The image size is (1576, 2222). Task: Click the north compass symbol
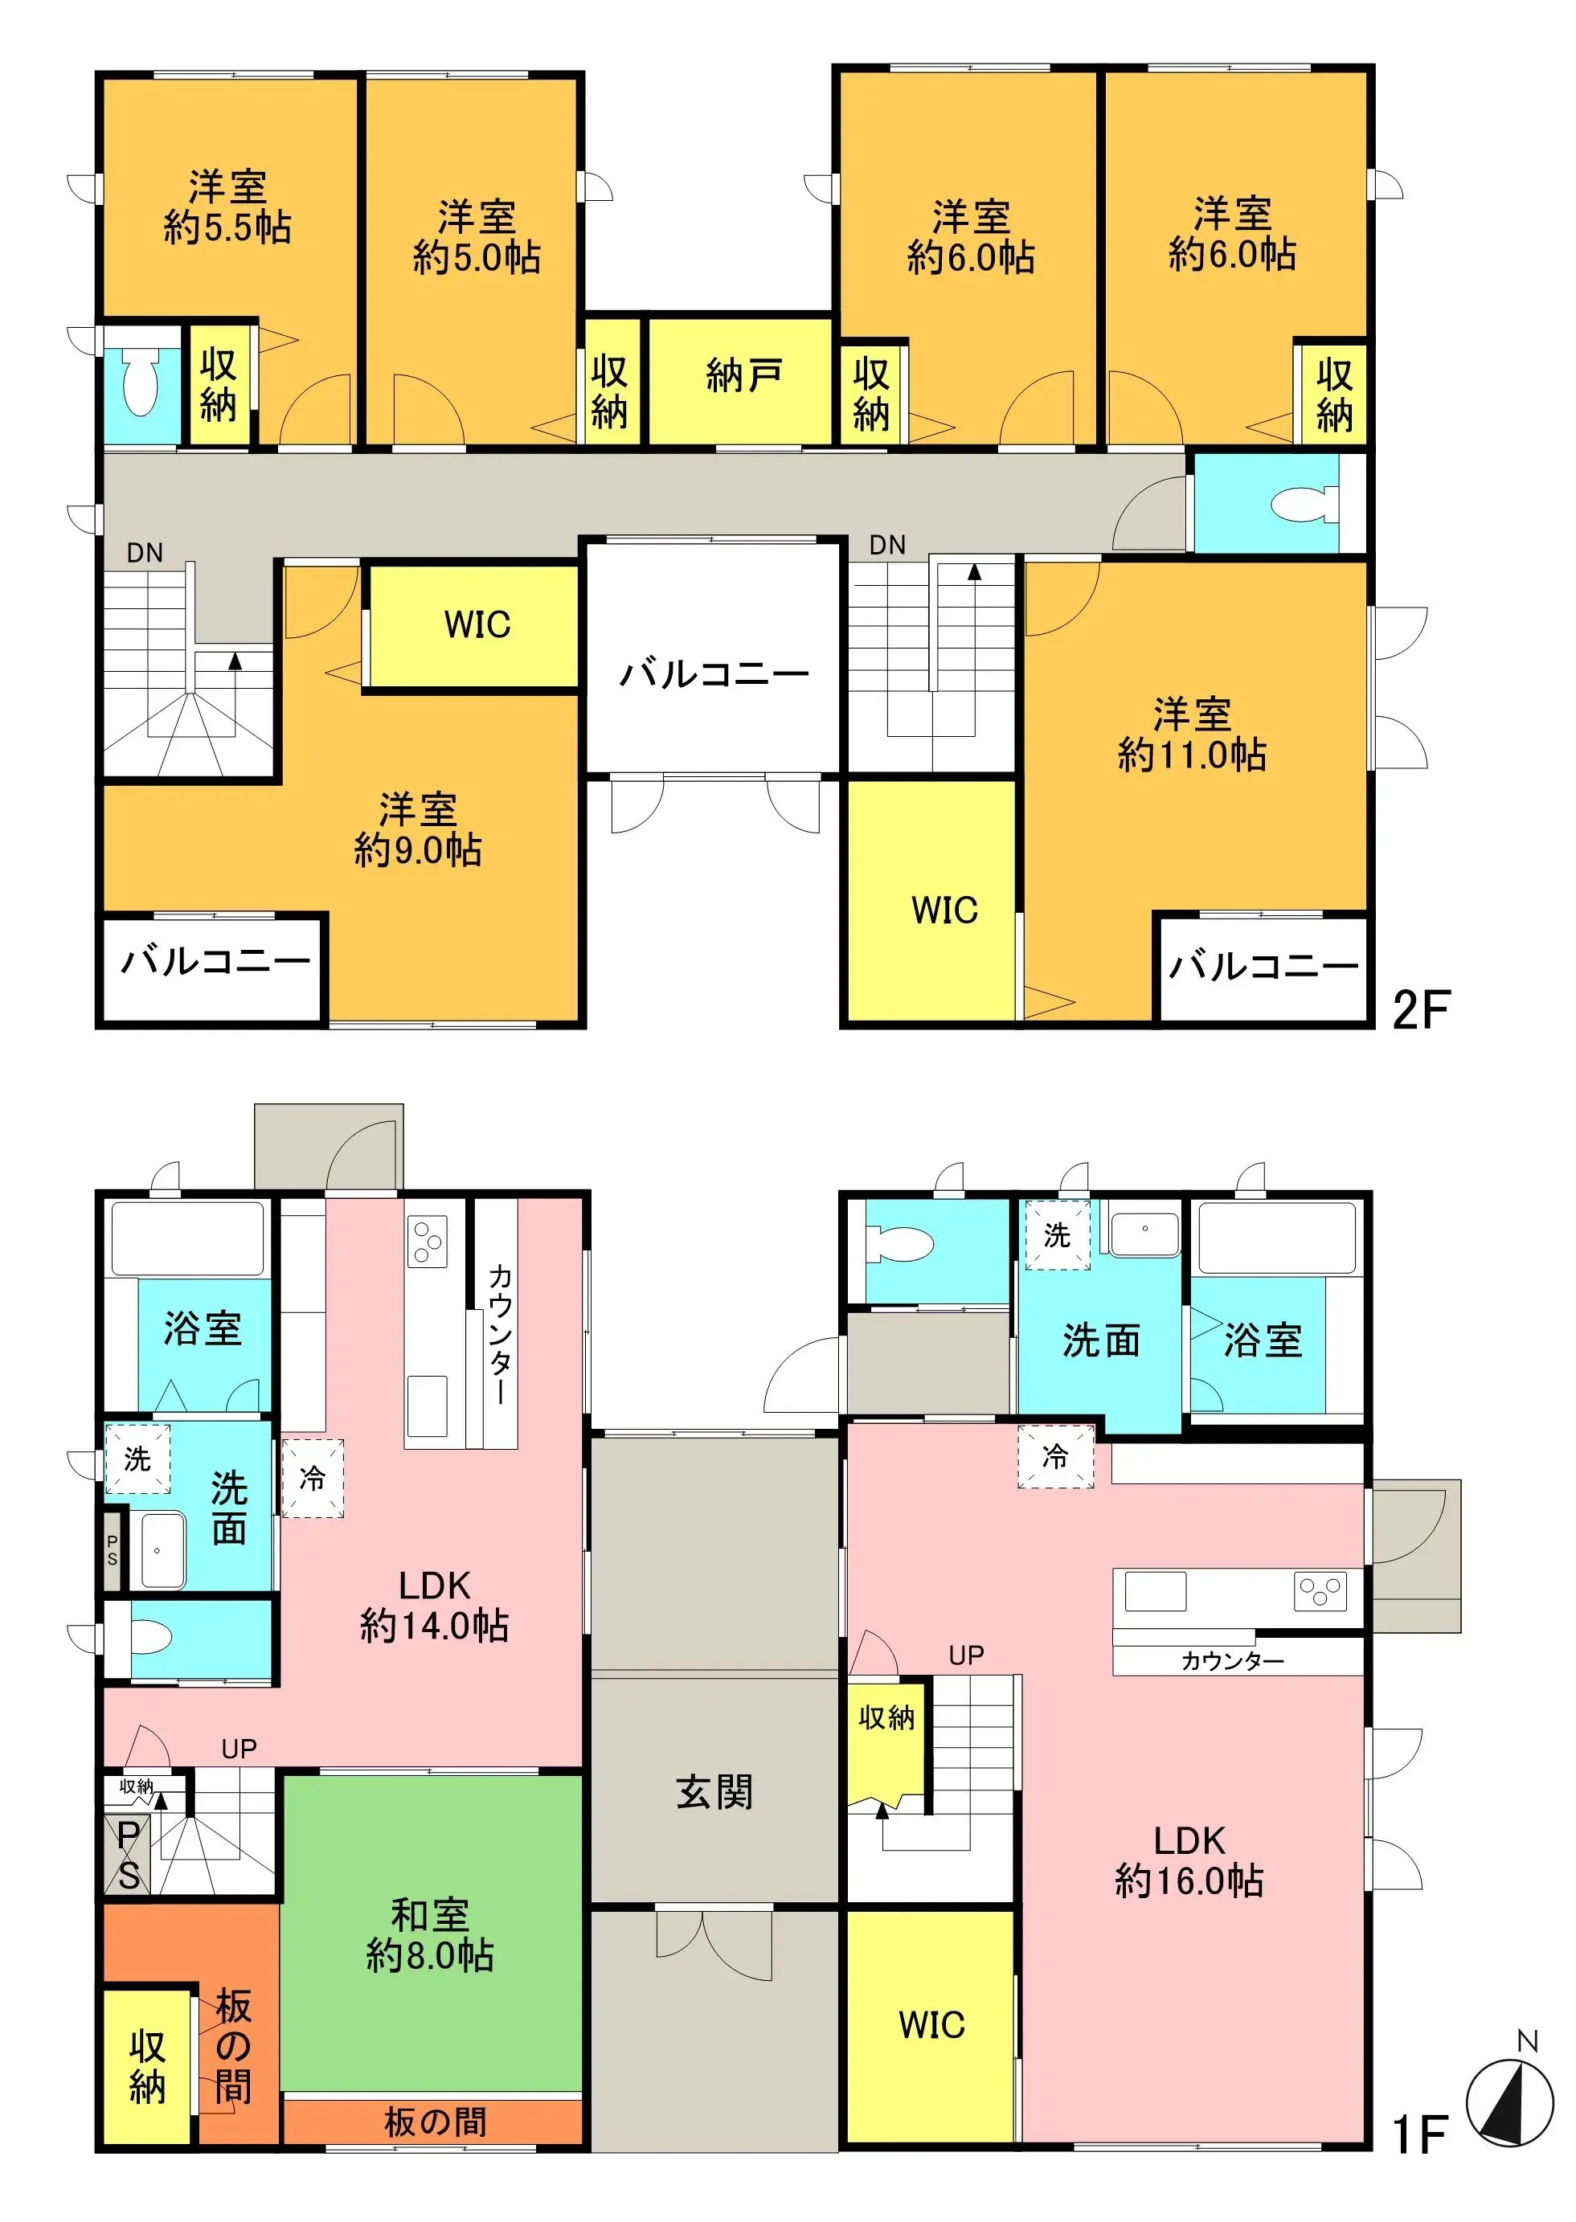[x=1509, y=2101]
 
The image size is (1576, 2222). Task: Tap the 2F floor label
[x=1420, y=1010]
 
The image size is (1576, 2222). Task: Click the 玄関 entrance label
[x=714, y=1792]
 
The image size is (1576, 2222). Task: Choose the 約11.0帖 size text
[x=1192, y=754]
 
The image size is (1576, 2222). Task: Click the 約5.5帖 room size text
[x=227, y=227]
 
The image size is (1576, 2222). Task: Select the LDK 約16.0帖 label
[x=1189, y=1861]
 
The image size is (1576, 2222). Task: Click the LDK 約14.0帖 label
[x=434, y=1606]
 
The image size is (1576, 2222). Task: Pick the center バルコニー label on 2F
[x=714, y=673]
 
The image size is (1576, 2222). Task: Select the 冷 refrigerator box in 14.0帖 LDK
[x=313, y=1479]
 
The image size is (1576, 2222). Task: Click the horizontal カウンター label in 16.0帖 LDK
[x=1233, y=1661]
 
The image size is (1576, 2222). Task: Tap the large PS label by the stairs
[x=128, y=1854]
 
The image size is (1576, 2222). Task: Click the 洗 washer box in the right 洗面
[x=1057, y=1235]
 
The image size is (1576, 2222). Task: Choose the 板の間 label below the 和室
[x=435, y=2122]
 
